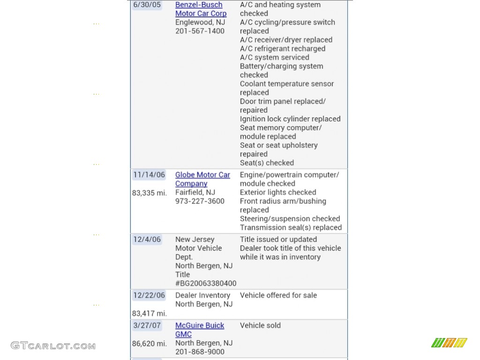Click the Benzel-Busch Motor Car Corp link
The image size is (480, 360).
click(x=201, y=9)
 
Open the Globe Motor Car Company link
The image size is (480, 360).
click(x=202, y=179)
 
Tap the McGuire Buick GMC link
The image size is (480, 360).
click(x=200, y=330)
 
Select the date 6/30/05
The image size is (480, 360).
click(x=147, y=5)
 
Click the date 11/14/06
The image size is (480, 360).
click(x=149, y=175)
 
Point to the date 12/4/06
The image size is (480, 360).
click(x=147, y=240)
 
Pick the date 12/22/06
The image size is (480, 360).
click(x=149, y=295)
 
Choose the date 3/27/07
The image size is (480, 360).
click(x=147, y=325)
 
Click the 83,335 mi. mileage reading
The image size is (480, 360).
click(x=150, y=193)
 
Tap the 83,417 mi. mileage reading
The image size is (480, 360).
click(x=150, y=313)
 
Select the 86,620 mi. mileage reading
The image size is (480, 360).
click(x=150, y=343)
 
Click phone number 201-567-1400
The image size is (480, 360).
click(x=200, y=31)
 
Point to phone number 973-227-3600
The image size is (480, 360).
click(x=200, y=202)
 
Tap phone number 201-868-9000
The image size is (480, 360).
click(x=200, y=352)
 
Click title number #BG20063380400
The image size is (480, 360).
click(x=206, y=284)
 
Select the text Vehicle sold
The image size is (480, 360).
click(x=260, y=325)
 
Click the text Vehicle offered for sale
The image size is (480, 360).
click(x=278, y=295)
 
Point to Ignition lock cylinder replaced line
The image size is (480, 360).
click(x=290, y=119)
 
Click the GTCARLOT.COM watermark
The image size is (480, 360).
click(x=53, y=346)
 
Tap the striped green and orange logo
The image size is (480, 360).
click(x=449, y=343)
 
